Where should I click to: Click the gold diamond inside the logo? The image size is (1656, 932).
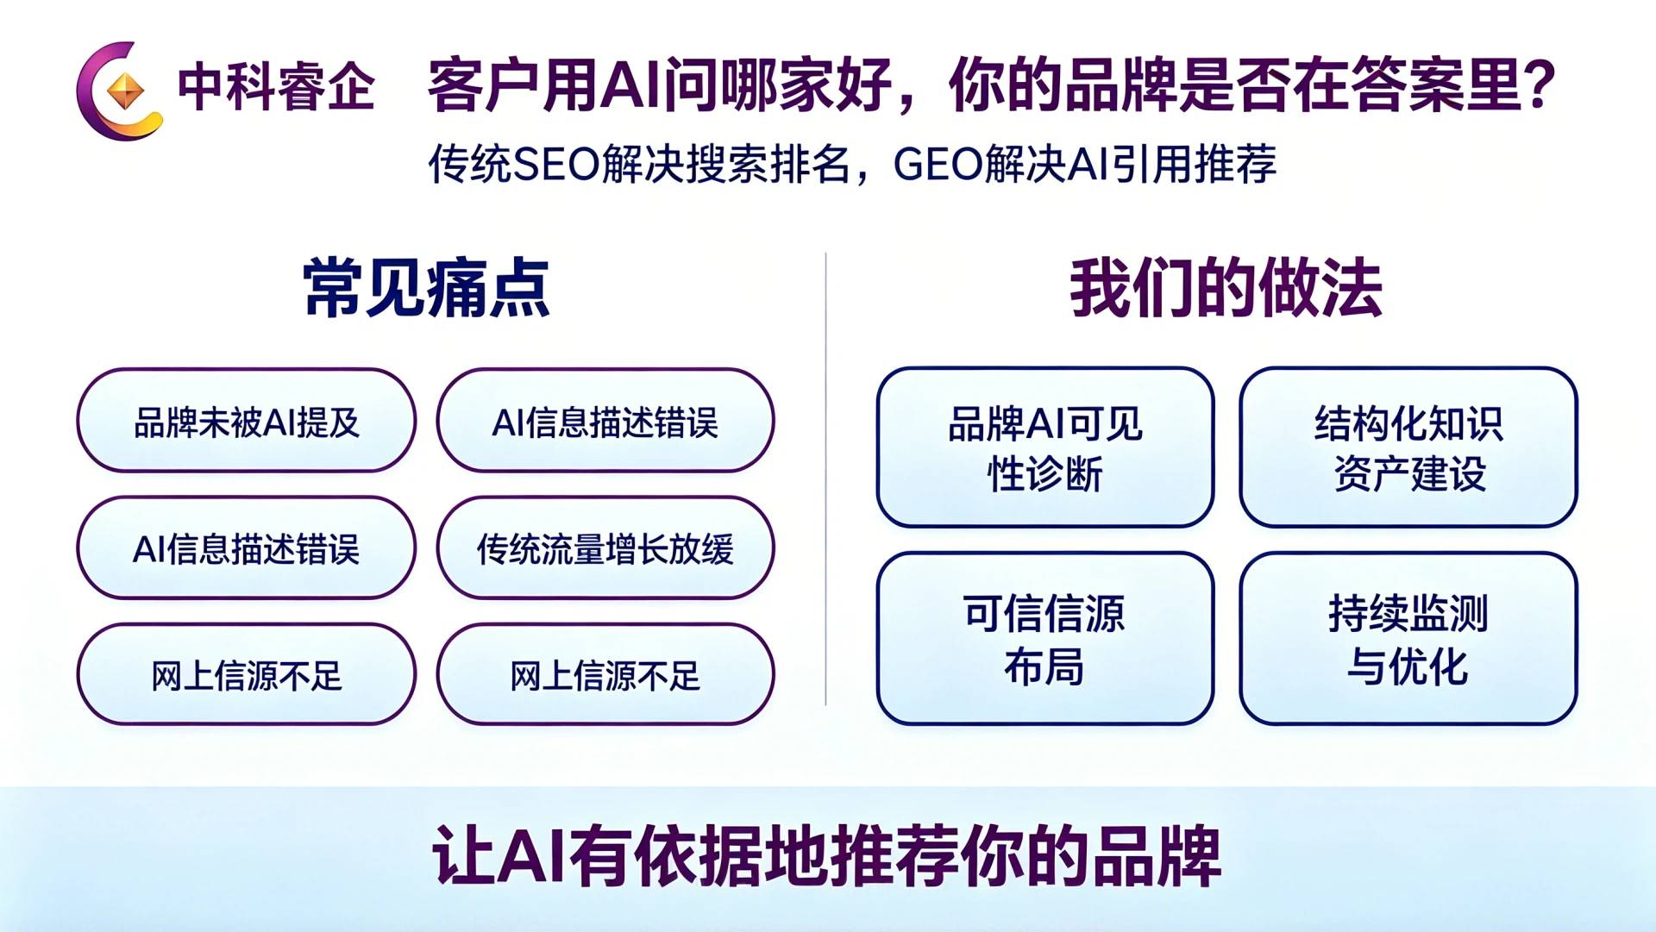pos(125,90)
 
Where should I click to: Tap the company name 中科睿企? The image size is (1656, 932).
pos(277,87)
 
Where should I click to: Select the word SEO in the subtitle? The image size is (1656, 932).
pos(556,164)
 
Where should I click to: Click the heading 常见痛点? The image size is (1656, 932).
pos(426,288)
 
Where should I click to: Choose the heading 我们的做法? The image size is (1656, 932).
pos(1226,288)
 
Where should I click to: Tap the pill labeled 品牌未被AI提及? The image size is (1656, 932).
pos(247,421)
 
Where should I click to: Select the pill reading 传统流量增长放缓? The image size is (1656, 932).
pos(605,547)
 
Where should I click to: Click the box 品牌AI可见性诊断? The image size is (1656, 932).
pos(1045,447)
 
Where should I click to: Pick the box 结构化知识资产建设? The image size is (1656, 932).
pos(1408,447)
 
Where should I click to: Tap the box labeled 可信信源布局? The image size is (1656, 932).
pos(1045,639)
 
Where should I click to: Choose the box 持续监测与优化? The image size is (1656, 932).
pos(1408,639)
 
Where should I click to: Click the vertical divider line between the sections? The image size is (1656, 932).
pos(826,479)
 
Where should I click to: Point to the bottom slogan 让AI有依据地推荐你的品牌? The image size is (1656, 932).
pos(826,856)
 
